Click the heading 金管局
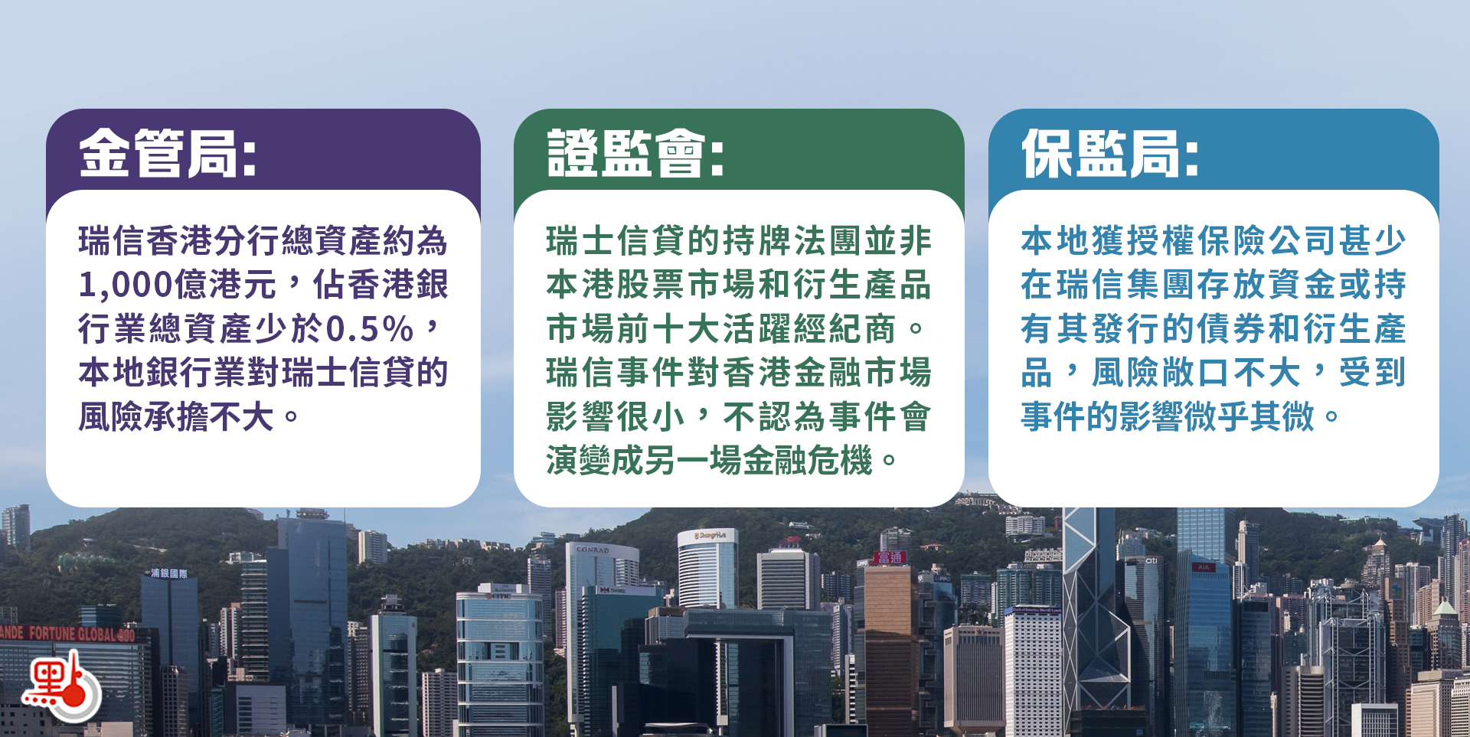(167, 153)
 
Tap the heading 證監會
(635, 153)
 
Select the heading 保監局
(1109, 153)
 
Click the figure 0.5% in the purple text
(370, 330)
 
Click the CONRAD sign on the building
(593, 549)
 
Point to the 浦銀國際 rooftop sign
(169, 573)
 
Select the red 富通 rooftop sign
(890, 557)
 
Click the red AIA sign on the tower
(1204, 567)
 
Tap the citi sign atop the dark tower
(1151, 561)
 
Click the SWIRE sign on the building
(612, 590)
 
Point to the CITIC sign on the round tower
(498, 595)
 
